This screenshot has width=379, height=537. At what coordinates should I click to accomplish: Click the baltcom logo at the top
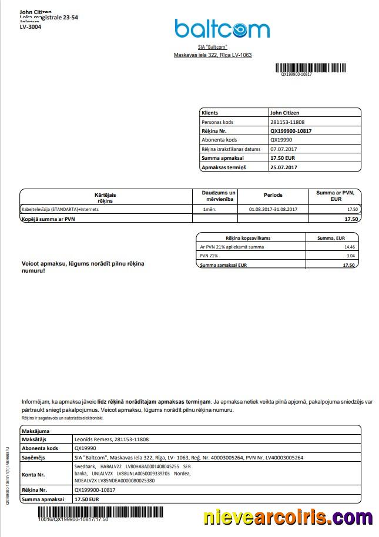(x=222, y=28)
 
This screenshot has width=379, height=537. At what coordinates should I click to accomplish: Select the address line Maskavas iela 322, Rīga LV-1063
(x=213, y=55)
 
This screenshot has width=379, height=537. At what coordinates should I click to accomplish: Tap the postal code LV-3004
(x=31, y=26)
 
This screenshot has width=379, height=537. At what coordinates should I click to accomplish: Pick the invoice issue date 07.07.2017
(x=283, y=149)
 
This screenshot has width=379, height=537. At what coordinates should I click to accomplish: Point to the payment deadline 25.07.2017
(x=284, y=167)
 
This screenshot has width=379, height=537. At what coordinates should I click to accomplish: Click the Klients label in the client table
(x=210, y=112)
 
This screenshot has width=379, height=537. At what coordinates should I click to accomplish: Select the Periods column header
(x=273, y=195)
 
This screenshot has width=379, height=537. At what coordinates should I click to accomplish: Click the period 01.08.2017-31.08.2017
(x=273, y=209)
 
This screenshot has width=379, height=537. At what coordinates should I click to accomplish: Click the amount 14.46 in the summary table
(x=350, y=247)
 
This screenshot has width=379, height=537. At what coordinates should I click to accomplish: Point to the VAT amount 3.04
(x=350, y=256)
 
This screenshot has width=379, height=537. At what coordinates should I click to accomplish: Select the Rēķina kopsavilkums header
(x=251, y=237)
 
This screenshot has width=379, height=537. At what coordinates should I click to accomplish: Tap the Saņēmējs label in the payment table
(x=34, y=457)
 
